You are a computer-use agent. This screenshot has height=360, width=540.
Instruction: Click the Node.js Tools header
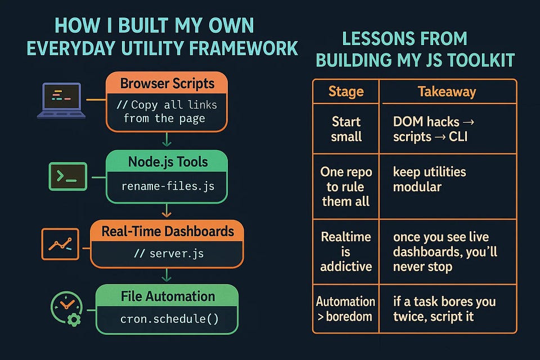pyautogui.click(x=167, y=163)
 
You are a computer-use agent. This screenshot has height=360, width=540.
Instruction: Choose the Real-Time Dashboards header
pyautogui.click(x=167, y=231)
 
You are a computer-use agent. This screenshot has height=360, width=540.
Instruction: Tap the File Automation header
pyautogui.click(x=167, y=296)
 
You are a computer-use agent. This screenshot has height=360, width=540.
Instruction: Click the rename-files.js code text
pyautogui.click(x=167, y=186)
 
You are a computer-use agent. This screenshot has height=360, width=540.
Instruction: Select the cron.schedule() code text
pyautogui.click(x=167, y=319)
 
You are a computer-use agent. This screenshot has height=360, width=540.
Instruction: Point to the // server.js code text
pyautogui.click(x=167, y=254)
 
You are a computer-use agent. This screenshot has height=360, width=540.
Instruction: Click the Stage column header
pyautogui.click(x=346, y=92)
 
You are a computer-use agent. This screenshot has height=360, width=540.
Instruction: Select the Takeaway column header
pyautogui.click(x=447, y=92)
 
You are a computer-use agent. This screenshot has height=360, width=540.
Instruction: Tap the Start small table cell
pyautogui.click(x=346, y=129)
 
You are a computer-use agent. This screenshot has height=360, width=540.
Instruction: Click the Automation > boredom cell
pyautogui.click(x=345, y=309)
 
